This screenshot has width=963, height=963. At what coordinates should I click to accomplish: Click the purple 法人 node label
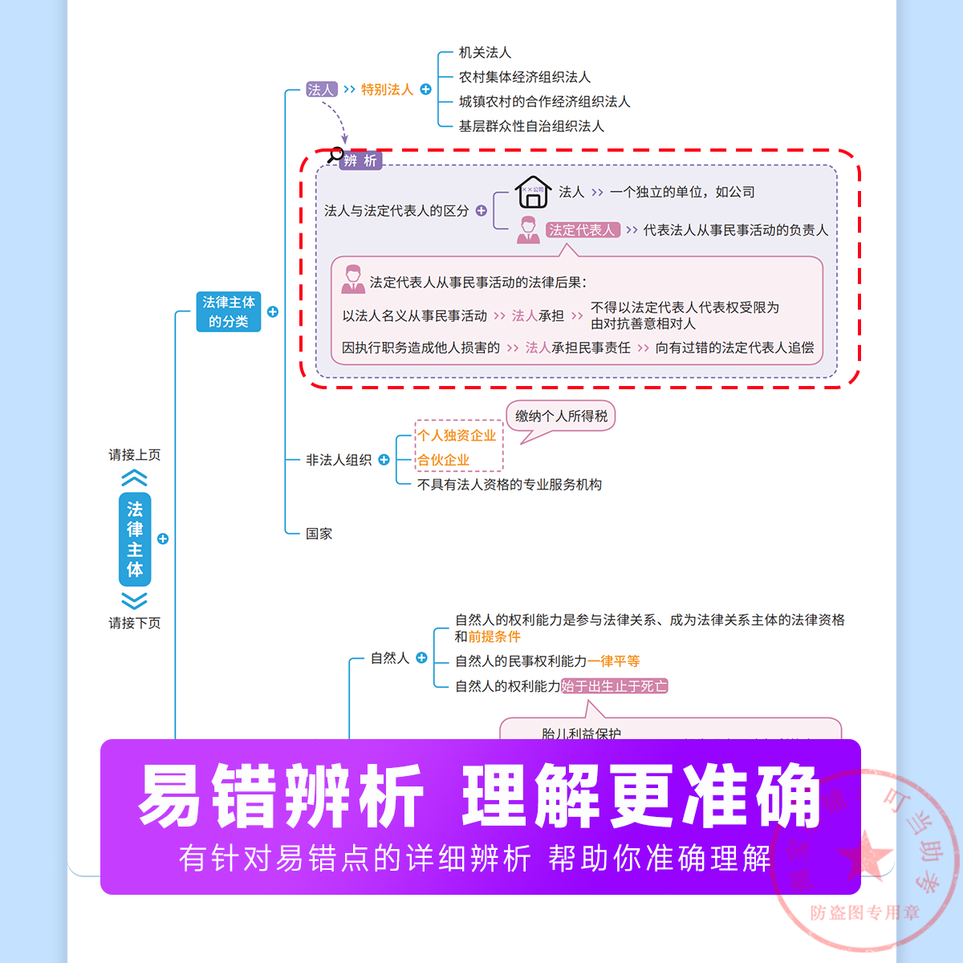click(x=321, y=89)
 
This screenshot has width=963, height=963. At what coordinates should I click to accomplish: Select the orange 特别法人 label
click(x=387, y=89)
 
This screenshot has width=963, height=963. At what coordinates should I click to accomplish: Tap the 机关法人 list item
click(x=485, y=52)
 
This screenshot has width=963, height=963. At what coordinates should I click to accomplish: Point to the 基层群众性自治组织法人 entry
click(x=531, y=126)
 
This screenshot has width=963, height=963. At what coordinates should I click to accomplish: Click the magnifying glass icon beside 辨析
click(x=335, y=155)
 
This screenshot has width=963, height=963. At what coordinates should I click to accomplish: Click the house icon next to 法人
click(x=532, y=193)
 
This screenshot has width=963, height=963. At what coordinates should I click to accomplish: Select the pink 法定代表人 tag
click(x=583, y=230)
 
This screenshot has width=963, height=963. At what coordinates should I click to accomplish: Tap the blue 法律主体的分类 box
click(x=229, y=311)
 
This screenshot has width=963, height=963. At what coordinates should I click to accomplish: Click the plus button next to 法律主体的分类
click(x=273, y=311)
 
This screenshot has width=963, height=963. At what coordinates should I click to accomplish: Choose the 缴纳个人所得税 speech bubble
click(x=561, y=416)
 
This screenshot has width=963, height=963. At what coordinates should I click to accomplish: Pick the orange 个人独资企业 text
click(x=457, y=435)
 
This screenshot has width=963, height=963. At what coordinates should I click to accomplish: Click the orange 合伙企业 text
click(x=444, y=460)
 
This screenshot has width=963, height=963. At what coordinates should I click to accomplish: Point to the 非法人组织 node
click(x=339, y=460)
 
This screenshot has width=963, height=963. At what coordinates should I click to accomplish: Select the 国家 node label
click(x=319, y=534)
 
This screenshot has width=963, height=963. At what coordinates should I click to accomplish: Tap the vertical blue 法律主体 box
click(x=135, y=539)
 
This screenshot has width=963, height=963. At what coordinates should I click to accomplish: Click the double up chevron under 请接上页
click(x=135, y=479)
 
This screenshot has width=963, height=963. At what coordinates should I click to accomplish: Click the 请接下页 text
click(x=135, y=623)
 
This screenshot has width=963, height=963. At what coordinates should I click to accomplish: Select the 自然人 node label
click(x=390, y=658)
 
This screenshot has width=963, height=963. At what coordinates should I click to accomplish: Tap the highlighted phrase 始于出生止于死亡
click(x=614, y=686)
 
